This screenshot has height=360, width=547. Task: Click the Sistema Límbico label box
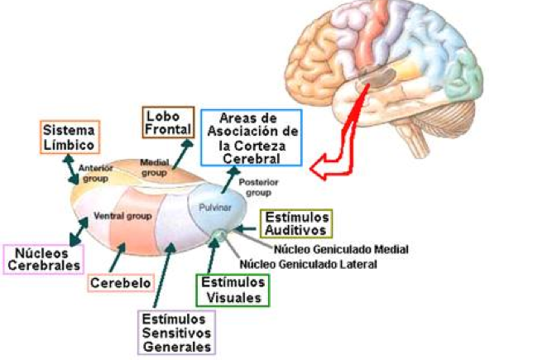click(x=69, y=137)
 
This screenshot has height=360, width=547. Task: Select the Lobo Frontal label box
click(x=168, y=122)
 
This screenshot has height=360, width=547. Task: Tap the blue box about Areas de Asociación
click(x=252, y=137)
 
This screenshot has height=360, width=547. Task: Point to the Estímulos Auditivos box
click(x=295, y=223)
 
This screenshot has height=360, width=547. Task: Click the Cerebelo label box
click(x=122, y=283)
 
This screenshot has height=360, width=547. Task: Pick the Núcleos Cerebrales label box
click(x=42, y=258)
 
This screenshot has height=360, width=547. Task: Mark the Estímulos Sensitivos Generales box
click(x=175, y=332)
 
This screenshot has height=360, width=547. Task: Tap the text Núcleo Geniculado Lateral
click(x=308, y=264)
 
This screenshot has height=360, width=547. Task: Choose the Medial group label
click(x=155, y=167)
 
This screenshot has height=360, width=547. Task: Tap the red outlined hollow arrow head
click(x=319, y=169)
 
